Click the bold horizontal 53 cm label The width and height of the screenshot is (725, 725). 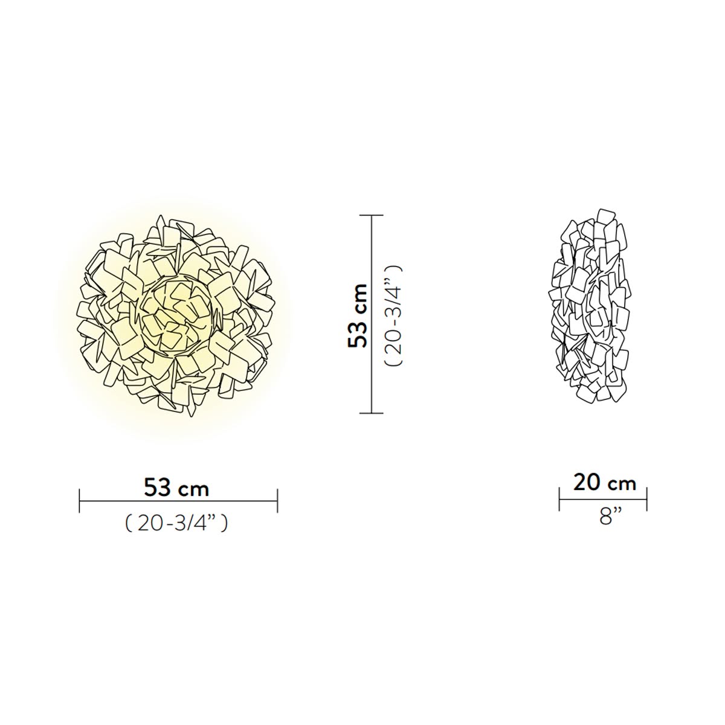(176, 489)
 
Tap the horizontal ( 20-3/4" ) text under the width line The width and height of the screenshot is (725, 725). (176, 523)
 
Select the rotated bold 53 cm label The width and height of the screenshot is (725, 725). (358, 317)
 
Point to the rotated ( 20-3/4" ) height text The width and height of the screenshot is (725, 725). (393, 315)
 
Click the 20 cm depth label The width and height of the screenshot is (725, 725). (605, 483)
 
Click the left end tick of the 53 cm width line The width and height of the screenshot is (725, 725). (79, 500)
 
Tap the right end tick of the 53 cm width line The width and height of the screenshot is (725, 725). (277, 500)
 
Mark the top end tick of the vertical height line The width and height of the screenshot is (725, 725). (372, 215)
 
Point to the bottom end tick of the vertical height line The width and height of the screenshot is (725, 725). (372, 413)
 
